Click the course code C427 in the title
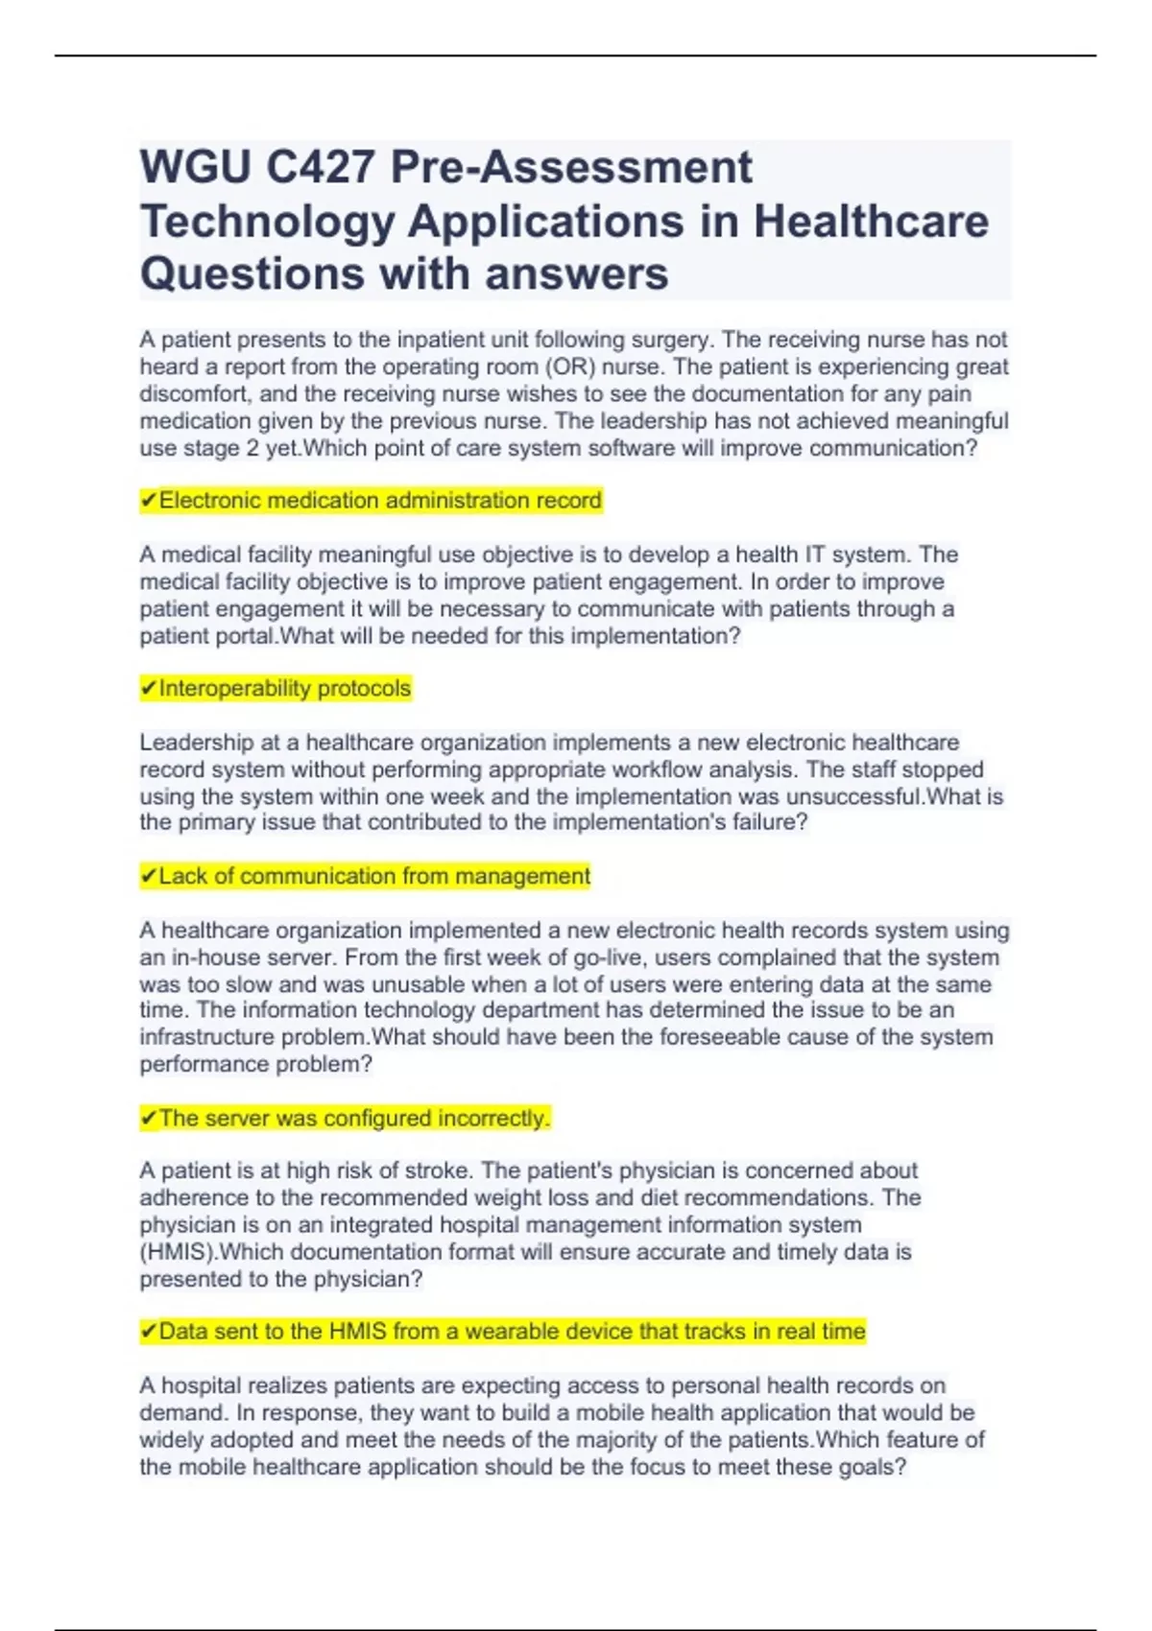click(320, 168)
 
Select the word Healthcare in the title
click(871, 222)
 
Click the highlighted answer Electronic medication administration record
click(380, 501)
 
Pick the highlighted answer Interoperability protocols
click(285, 689)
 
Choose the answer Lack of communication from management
click(374, 877)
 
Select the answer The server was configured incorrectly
click(354, 1119)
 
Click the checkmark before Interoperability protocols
click(149, 689)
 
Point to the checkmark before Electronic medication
click(149, 501)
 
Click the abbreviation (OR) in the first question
click(570, 367)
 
